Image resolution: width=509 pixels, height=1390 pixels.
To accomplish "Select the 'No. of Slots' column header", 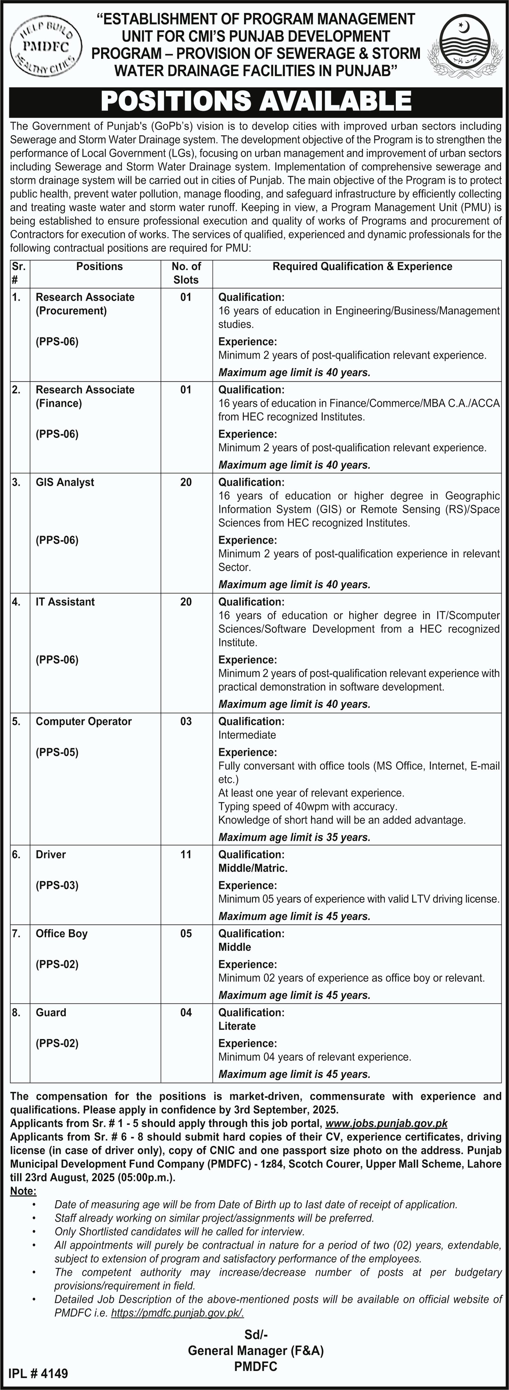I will (186, 273).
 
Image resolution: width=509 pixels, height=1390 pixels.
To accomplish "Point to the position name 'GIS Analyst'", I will (65, 482).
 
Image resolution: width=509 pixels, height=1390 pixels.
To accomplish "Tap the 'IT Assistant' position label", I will (65, 602).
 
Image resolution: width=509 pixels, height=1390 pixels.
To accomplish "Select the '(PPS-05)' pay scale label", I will (57, 752).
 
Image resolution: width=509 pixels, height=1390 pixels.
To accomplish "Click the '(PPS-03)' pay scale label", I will (57, 885).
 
